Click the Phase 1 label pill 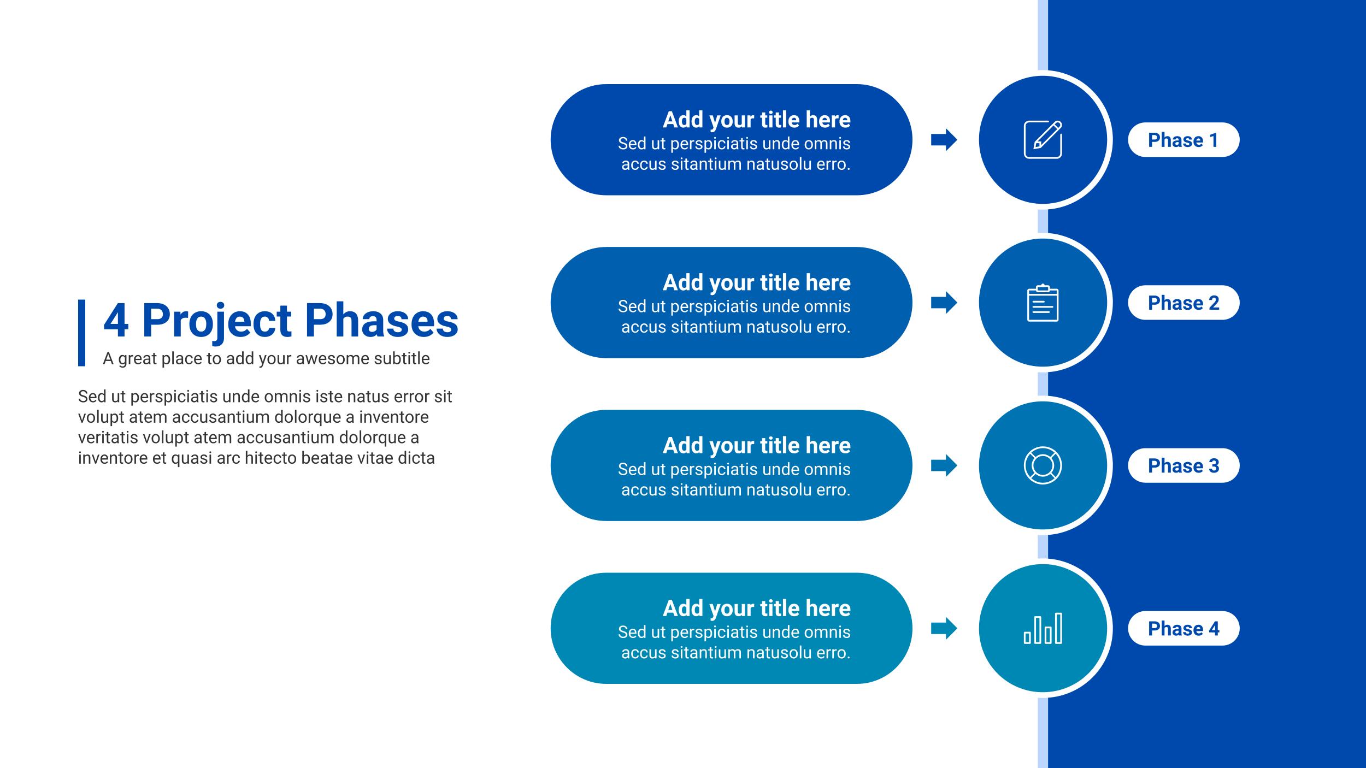point(1184,140)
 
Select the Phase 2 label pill point(1184,303)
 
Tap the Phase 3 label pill point(1184,465)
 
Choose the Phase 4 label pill point(1184,628)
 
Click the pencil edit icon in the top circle point(1043,140)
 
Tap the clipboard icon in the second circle point(1043,303)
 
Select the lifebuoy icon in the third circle point(1043,465)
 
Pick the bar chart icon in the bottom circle point(1043,628)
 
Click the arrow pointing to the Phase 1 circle point(944,140)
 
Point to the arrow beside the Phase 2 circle point(944,303)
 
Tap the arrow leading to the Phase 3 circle point(944,465)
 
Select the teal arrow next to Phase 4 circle point(944,628)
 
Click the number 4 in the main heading point(116,321)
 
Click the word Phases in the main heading point(381,321)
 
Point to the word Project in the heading point(217,322)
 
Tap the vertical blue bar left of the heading point(81,333)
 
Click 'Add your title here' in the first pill point(757,120)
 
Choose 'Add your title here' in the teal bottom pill point(757,609)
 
